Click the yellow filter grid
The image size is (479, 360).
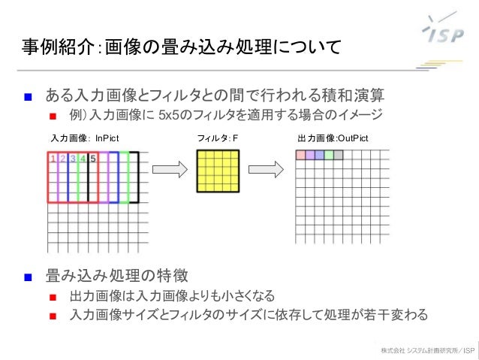coord(217,171)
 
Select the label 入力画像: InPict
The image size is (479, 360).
coord(84,139)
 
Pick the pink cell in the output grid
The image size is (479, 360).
coord(300,155)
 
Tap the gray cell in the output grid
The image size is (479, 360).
coord(338,155)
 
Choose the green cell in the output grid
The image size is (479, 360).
coord(328,155)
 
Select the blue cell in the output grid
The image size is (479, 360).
coord(319,155)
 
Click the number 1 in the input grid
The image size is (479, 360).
coord(53,159)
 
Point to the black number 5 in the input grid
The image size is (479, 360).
coord(92,159)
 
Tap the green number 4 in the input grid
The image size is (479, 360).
coord(83,159)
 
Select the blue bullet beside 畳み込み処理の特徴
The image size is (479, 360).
coord(27,275)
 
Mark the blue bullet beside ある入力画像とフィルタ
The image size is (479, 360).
coord(27,96)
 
